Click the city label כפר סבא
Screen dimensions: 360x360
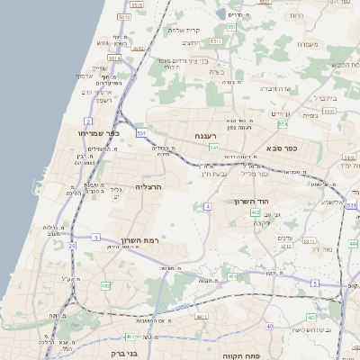282,147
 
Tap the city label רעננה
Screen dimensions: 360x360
195,135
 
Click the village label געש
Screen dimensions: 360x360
103,42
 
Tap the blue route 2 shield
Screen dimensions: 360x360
88,120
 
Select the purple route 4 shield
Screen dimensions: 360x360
207,206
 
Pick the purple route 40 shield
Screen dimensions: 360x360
269,325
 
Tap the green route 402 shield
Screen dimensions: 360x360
256,212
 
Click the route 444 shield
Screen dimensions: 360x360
354,243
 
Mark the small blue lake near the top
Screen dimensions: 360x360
221,15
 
